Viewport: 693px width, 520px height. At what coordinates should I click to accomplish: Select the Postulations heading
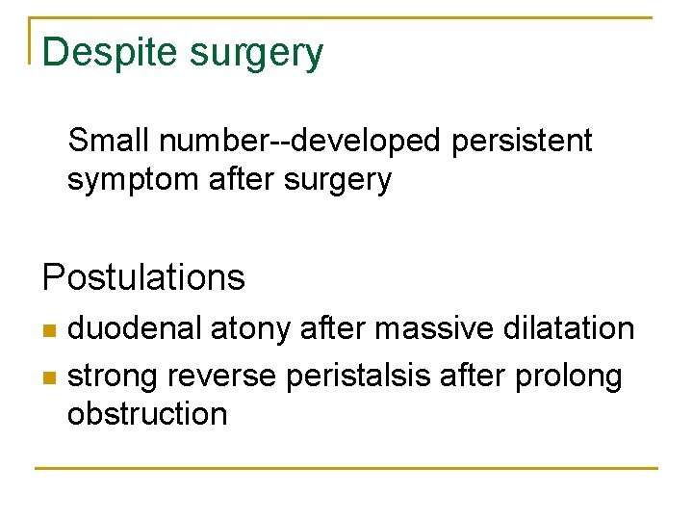(143, 278)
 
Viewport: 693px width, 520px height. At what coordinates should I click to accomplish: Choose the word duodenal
(134, 328)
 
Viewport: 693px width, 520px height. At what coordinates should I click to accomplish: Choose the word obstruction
(147, 414)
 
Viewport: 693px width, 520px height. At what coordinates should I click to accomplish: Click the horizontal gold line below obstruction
(346, 468)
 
